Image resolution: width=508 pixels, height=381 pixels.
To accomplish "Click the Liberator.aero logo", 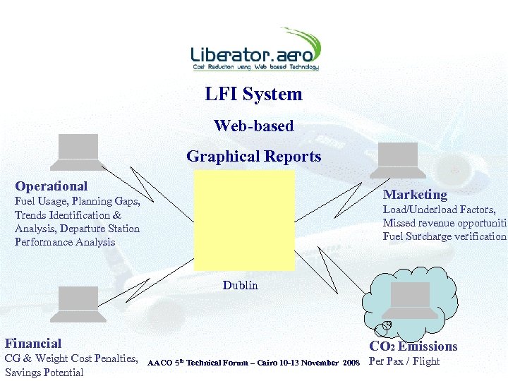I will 255,50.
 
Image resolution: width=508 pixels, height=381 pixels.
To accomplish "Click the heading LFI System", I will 253,94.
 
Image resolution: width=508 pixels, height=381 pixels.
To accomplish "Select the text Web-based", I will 253,126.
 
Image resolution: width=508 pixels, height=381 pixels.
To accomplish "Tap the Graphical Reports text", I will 253,157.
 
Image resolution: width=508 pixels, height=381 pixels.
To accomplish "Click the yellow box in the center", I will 244,220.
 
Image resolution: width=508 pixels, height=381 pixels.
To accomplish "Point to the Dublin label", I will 241,285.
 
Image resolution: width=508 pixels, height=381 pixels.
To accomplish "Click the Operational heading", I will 52,186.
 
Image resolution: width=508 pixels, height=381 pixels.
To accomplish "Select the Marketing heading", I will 415,194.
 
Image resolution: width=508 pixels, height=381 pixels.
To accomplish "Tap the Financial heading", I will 33,344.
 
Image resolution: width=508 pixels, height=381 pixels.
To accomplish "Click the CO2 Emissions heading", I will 413,346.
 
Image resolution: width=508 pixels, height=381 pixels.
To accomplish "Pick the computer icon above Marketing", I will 399,159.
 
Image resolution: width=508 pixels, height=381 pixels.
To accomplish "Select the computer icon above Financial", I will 78,300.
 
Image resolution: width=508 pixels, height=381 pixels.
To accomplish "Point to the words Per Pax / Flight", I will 404,361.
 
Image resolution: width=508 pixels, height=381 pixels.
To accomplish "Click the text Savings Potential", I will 44,373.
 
